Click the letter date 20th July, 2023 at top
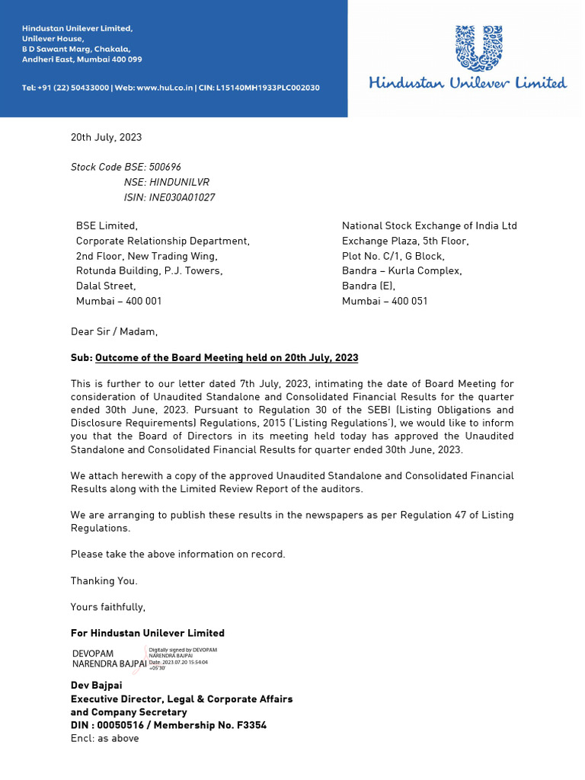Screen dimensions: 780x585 pyautogui.click(x=106, y=138)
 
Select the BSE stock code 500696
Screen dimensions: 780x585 pyautogui.click(x=165, y=167)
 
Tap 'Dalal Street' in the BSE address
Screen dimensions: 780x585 pyautogui.click(x=106, y=286)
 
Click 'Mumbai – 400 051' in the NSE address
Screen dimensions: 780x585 pyautogui.click(x=385, y=301)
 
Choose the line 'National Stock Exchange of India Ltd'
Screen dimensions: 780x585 pyautogui.click(x=429, y=226)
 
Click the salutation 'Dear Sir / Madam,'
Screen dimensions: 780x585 pyautogui.click(x=114, y=331)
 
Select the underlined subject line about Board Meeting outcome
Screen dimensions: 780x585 pyautogui.click(x=226, y=357)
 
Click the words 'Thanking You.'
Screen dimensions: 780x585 pyautogui.click(x=104, y=581)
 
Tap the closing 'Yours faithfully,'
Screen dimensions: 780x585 pyautogui.click(x=107, y=607)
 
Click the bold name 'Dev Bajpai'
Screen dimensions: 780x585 pyautogui.click(x=97, y=686)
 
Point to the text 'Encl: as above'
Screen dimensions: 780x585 pyautogui.click(x=105, y=738)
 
